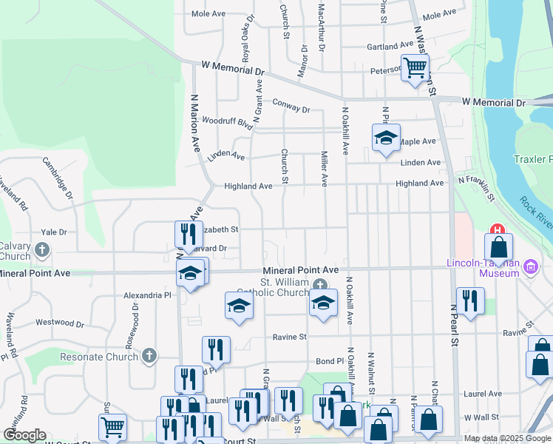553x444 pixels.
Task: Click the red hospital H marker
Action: [498, 230]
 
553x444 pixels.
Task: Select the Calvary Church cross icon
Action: [42, 249]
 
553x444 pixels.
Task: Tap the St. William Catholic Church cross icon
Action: [319, 286]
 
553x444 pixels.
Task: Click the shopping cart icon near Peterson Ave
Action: [415, 68]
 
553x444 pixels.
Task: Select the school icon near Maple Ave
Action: [385, 138]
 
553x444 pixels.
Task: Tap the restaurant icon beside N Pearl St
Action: [469, 300]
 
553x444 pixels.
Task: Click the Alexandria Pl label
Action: [147, 295]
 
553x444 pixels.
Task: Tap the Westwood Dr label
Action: [60, 323]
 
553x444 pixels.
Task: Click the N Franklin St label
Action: [478, 185]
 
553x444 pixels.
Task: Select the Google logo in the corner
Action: [24, 435]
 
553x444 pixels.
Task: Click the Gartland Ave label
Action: [390, 46]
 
